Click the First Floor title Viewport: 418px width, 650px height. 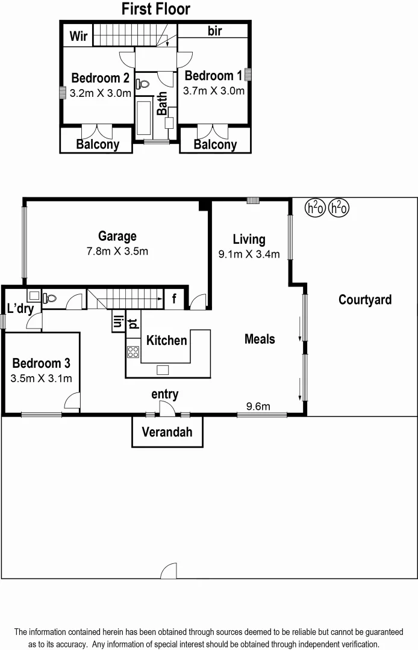155,9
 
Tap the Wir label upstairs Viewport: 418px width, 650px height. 78,37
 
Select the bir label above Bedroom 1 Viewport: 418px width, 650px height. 215,31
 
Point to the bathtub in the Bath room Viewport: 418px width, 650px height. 145,118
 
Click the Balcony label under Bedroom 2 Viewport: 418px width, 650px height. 98,144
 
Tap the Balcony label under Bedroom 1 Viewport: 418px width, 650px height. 215,144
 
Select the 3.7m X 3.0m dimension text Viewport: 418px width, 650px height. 214,91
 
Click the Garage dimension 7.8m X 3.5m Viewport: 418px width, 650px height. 117,251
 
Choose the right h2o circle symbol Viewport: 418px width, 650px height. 339,208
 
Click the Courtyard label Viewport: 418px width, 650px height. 365,300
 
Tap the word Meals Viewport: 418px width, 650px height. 260,339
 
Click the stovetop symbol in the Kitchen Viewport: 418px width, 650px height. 133,353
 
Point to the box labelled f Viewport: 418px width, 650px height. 174,298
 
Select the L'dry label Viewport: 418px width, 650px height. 19,308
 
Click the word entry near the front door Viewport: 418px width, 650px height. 164,394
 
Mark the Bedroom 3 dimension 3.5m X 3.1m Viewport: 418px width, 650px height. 41,379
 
